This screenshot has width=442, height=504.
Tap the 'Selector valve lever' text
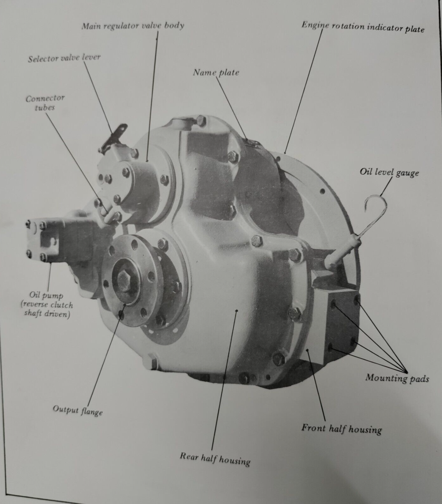[x=64, y=58]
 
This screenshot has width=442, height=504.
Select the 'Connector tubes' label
[x=45, y=103]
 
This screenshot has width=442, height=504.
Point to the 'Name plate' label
[x=216, y=73]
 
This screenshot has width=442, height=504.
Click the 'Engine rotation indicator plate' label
[x=363, y=27]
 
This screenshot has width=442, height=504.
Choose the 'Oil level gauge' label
[x=389, y=172]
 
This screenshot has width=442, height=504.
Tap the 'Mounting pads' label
[x=397, y=377]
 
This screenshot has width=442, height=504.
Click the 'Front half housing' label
[x=342, y=429]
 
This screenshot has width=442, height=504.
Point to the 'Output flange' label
[x=78, y=410]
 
